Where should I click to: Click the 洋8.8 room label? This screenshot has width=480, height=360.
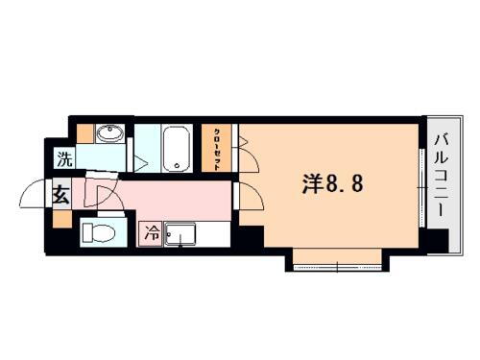click(327, 183)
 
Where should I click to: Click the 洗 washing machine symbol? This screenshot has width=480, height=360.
click(62, 157)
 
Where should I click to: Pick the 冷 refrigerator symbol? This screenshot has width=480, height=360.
click(152, 232)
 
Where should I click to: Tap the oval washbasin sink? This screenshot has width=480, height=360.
click(110, 134)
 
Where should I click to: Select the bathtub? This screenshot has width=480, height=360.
click(178, 149)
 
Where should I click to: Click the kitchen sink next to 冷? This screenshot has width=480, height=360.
click(180, 232)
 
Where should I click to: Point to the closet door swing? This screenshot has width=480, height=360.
click(245, 144)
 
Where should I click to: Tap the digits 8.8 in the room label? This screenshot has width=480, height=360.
click(345, 183)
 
